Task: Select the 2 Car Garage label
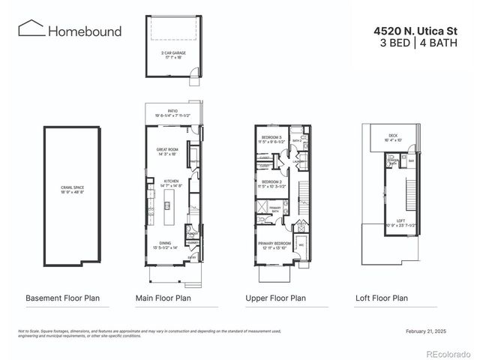pyautogui.click(x=174, y=55)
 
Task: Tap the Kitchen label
pyautogui.click(x=170, y=182)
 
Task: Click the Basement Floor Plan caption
pyautogui.click(x=62, y=298)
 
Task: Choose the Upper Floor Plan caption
pyautogui.click(x=275, y=298)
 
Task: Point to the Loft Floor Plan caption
pyautogui.click(x=382, y=298)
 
